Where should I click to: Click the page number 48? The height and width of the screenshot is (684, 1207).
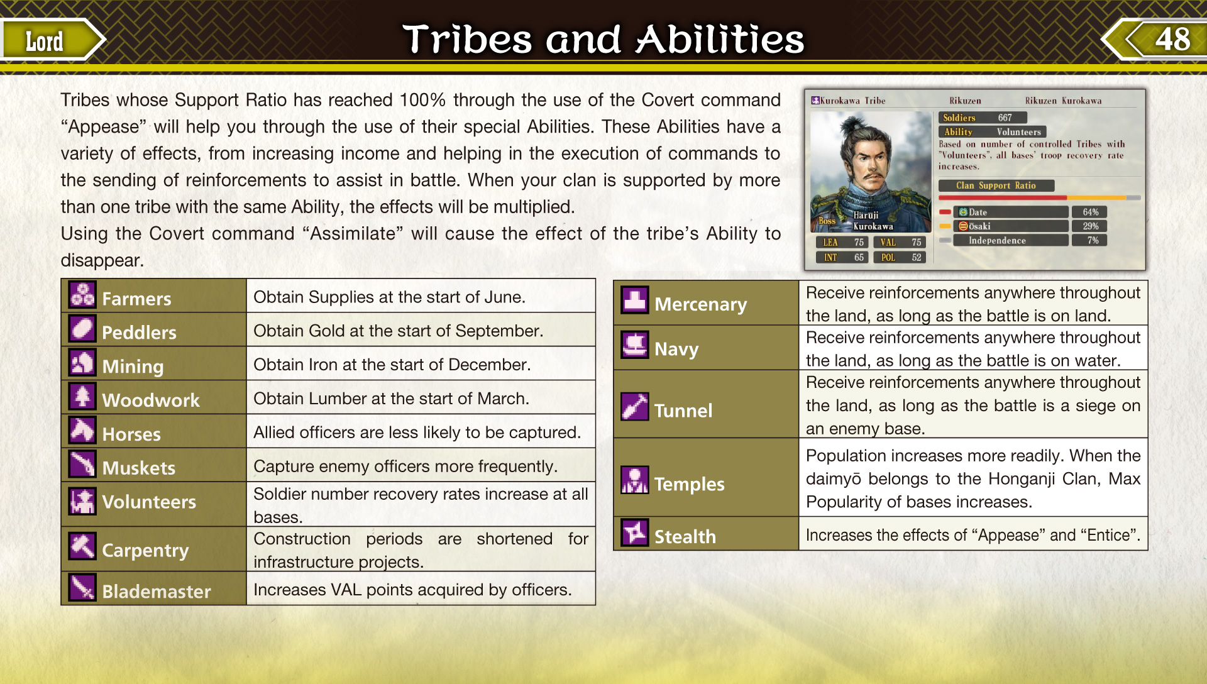click(x=1172, y=39)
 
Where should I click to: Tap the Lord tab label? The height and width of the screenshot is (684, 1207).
click(x=44, y=41)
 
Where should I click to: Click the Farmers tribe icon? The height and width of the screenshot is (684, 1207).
click(x=82, y=294)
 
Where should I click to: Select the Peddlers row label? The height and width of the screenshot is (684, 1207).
click(x=139, y=332)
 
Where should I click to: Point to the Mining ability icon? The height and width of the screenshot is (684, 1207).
click(x=82, y=362)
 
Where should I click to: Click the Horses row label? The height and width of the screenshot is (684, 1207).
click(x=131, y=434)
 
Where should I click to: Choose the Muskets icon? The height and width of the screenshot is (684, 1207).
click(x=82, y=464)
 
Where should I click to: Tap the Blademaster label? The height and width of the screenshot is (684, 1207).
click(x=157, y=591)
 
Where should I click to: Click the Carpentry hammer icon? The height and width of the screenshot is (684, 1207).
click(x=82, y=546)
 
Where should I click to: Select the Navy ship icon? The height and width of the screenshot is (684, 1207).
click(x=635, y=345)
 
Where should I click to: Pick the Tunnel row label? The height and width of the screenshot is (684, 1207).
click(x=683, y=411)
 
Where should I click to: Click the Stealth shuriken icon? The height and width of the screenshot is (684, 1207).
click(x=635, y=532)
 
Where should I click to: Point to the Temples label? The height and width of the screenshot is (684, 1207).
click(x=690, y=483)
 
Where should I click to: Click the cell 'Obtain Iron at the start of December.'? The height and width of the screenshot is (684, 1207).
click(x=392, y=365)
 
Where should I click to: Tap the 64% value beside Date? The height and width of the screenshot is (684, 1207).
click(x=1091, y=212)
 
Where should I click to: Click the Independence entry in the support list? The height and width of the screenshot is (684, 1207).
click(x=997, y=240)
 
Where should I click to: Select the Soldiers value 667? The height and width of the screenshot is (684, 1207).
click(x=1005, y=118)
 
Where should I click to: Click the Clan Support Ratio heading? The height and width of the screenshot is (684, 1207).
click(x=996, y=185)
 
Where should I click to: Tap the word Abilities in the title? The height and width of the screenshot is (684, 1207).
click(x=720, y=39)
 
